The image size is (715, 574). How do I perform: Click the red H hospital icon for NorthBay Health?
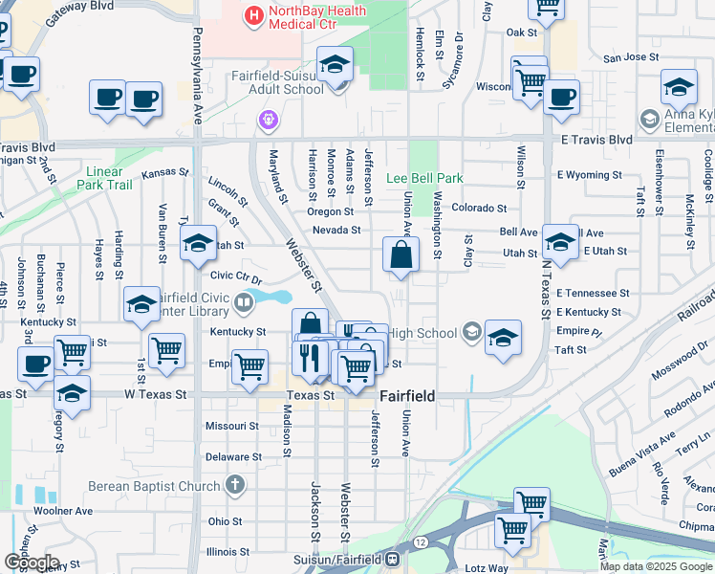(253, 14)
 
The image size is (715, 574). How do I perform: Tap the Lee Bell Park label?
(424, 179)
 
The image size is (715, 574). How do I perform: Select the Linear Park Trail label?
(105, 178)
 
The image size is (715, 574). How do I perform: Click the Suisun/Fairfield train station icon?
(393, 559)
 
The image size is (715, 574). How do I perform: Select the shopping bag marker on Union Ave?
(401, 255)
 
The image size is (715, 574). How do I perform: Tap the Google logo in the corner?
(31, 563)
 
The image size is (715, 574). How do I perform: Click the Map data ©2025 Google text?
(657, 566)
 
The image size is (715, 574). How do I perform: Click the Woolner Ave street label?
(63, 511)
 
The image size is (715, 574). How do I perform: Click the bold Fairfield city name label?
(409, 395)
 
